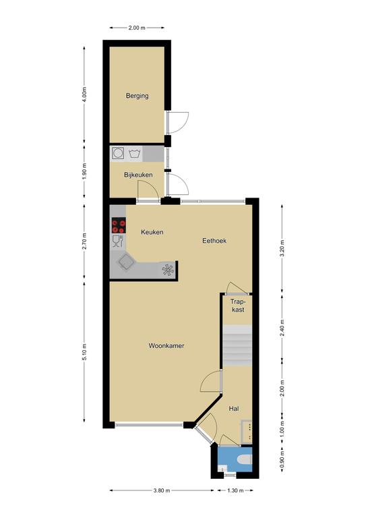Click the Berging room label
[137, 96]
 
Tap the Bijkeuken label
[138, 175]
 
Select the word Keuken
[152, 232]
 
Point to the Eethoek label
[214, 241]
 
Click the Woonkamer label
[166, 346]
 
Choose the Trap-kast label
[238, 306]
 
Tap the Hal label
[234, 409]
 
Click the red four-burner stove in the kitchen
[119, 225]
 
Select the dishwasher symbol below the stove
[118, 241]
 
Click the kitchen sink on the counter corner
[127, 262]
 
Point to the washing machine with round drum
[118, 153]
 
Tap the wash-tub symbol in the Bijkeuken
[135, 154]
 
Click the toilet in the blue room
[245, 459]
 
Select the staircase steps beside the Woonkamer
[238, 345]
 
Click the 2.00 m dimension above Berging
[137, 28]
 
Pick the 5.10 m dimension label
[84, 352]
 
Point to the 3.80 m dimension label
[162, 490]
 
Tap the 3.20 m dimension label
[282, 249]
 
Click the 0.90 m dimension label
[282, 459]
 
